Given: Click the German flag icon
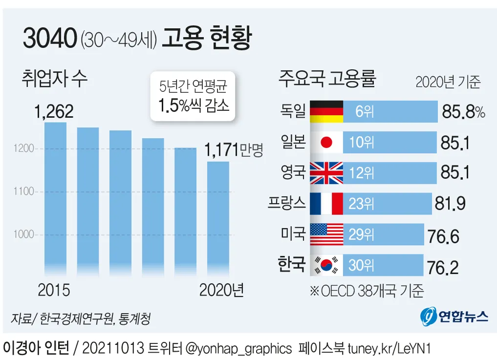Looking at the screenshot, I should [327, 112].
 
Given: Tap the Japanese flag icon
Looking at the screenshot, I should [327, 142].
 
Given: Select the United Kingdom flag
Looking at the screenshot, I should [327, 172].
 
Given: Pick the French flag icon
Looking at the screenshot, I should [327, 203].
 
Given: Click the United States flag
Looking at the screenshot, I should [327, 234].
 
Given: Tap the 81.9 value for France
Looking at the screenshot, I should [450, 204].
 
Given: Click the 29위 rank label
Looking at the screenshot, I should [361, 234].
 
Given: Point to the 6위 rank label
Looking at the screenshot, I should [365, 112].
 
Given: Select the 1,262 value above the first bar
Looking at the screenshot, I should [54, 111].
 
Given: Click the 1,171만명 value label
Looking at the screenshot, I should [234, 149].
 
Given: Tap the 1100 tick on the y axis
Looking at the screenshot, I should [24, 191].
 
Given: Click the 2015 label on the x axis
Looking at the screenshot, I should [54, 290].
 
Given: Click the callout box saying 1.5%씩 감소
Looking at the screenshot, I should [193, 96].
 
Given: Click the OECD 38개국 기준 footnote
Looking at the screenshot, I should [367, 291].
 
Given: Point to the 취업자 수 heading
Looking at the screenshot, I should [55, 79].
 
